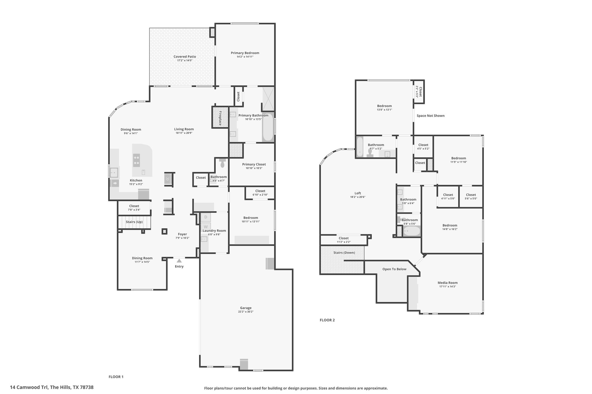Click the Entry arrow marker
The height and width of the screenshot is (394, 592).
click(179, 261)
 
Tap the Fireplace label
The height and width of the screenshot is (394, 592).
click(220, 118)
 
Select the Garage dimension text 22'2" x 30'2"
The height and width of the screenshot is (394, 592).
click(246, 311)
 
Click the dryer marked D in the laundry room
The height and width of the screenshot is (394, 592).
click(206, 217)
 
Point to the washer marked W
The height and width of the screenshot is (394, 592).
click(206, 227)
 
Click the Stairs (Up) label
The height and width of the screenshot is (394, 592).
click(134, 222)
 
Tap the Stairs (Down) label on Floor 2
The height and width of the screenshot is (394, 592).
click(344, 253)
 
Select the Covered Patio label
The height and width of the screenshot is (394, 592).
click(185, 57)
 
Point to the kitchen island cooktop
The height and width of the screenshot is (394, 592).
click(136, 160)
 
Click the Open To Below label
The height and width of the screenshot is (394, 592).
click(394, 269)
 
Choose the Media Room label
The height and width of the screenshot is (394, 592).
click(447, 283)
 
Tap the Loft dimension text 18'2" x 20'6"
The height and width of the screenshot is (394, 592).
click(358, 197)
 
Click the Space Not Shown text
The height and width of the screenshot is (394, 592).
click(431, 116)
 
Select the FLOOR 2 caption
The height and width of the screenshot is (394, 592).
click(327, 320)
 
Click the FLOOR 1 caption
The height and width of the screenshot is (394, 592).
click(116, 377)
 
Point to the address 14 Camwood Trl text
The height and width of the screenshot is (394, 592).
click(29, 387)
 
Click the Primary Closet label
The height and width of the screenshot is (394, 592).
click(254, 164)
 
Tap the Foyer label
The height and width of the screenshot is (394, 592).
click(182, 234)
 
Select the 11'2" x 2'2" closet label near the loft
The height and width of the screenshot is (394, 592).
click(344, 242)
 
